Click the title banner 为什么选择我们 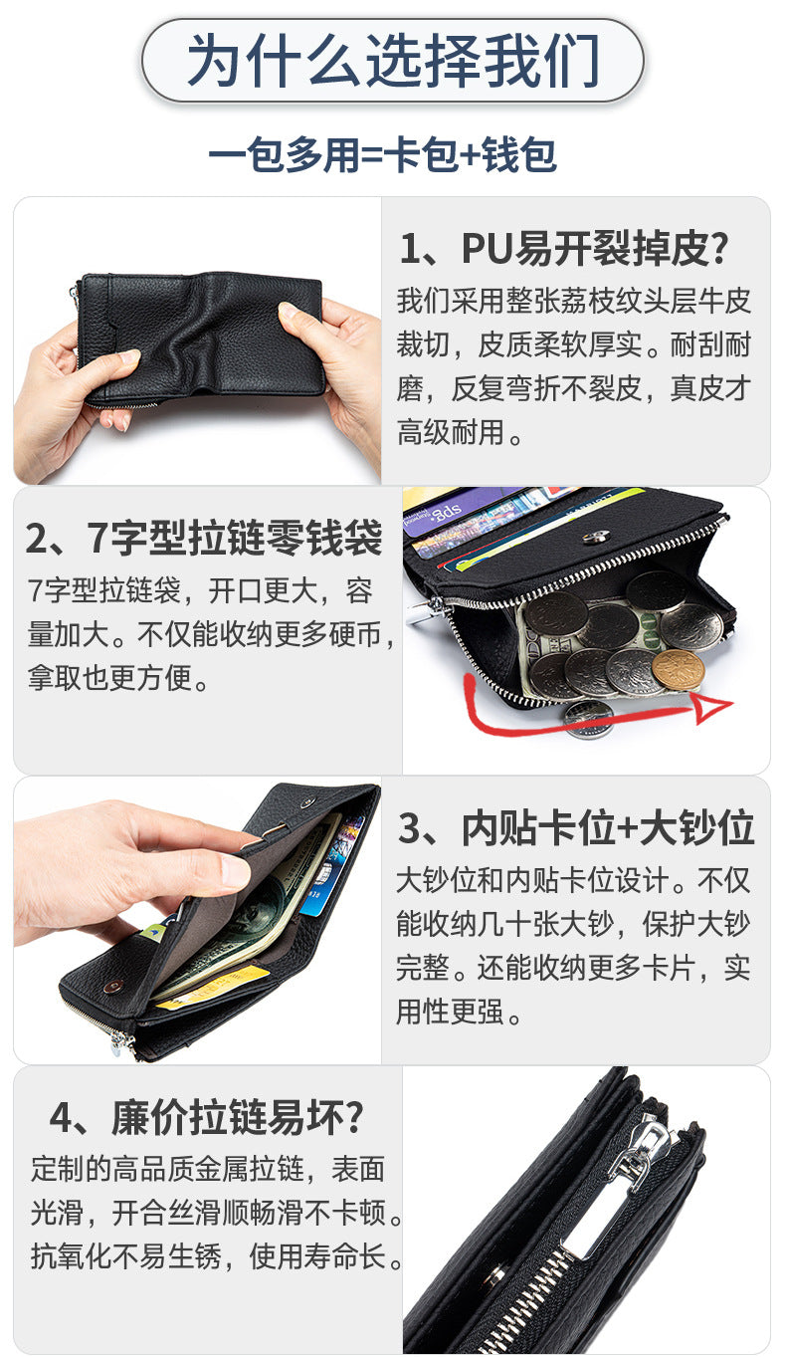(x=392, y=61)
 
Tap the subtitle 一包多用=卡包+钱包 (x=383, y=155)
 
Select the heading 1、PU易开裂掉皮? (x=564, y=248)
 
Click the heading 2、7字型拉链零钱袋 (x=204, y=538)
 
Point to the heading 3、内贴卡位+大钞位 (x=576, y=828)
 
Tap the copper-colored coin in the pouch (x=679, y=670)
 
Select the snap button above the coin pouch (x=596, y=538)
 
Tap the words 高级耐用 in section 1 (x=451, y=432)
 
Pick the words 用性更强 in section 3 (x=451, y=1012)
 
